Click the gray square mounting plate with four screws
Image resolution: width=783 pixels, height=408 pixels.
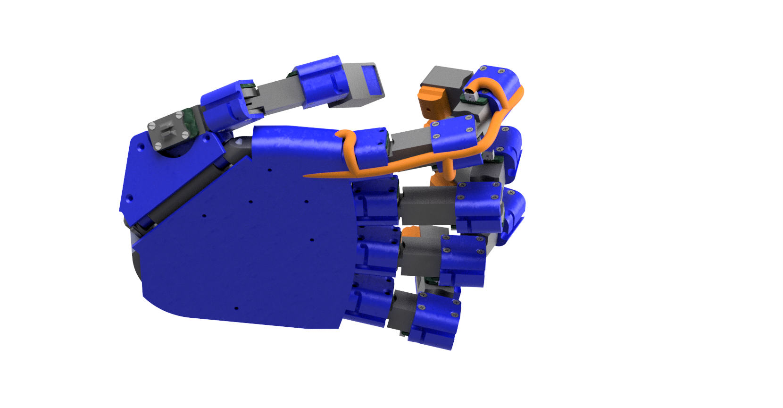pyautogui.click(x=168, y=130)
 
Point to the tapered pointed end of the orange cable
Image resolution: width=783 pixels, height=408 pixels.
pyautogui.click(x=311, y=176)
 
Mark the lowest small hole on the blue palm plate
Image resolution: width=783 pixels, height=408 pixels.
pyautogui.click(x=236, y=308)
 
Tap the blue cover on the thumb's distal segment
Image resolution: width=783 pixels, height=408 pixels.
pyautogui.click(x=321, y=80)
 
